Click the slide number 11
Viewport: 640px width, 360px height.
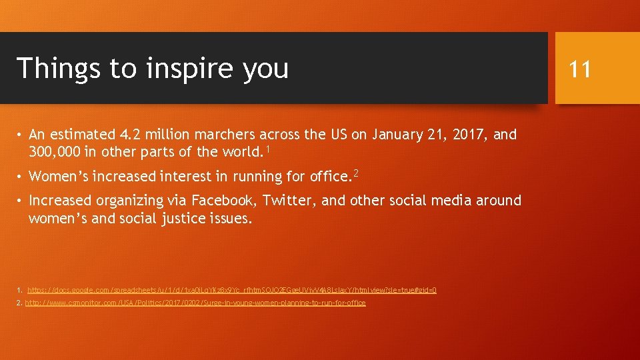[x=580, y=68]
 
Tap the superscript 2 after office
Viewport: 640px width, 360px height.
[x=356, y=173]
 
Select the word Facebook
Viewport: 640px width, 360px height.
[x=225, y=200]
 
